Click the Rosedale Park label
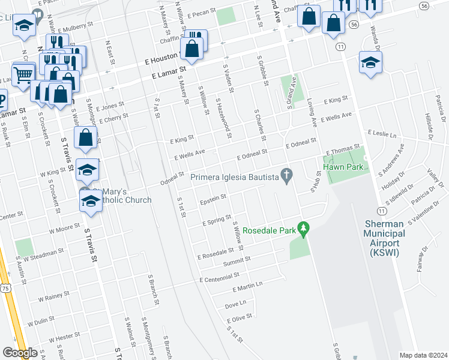click(x=269, y=230)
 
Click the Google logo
click(x=20, y=353)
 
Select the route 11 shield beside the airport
click(x=381, y=210)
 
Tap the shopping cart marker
click(x=23, y=74)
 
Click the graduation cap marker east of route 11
click(x=370, y=62)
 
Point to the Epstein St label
click(x=212, y=197)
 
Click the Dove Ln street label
click(x=236, y=305)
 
